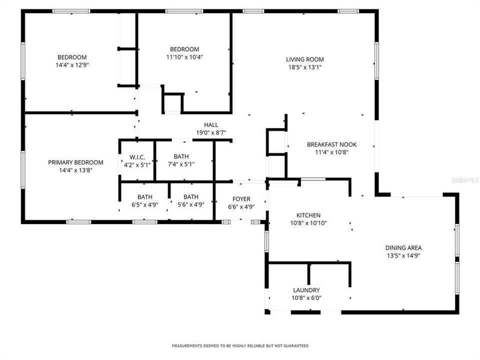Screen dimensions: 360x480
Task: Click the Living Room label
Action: (305, 59)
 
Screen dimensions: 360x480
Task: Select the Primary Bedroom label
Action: (75, 162)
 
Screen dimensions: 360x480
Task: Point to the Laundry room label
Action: (306, 290)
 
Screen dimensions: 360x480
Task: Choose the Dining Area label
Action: (403, 247)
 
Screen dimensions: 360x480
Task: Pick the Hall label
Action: (211, 125)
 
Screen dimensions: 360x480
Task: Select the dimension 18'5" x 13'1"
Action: (305, 67)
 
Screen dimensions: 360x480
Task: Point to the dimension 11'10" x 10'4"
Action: (184, 57)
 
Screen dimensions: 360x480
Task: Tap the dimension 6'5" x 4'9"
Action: (145, 204)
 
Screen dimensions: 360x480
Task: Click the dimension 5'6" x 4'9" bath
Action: (191, 204)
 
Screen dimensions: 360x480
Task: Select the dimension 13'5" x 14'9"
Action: (403, 255)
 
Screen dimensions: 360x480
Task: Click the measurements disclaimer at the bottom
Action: (240, 345)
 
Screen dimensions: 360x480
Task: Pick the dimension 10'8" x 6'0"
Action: (306, 298)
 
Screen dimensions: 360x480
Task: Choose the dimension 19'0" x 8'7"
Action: (211, 132)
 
